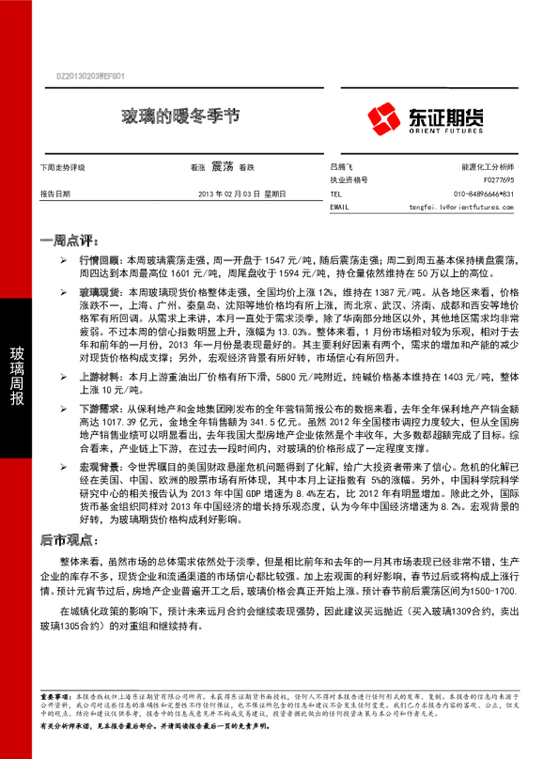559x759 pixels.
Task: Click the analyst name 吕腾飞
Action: coord(344,165)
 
